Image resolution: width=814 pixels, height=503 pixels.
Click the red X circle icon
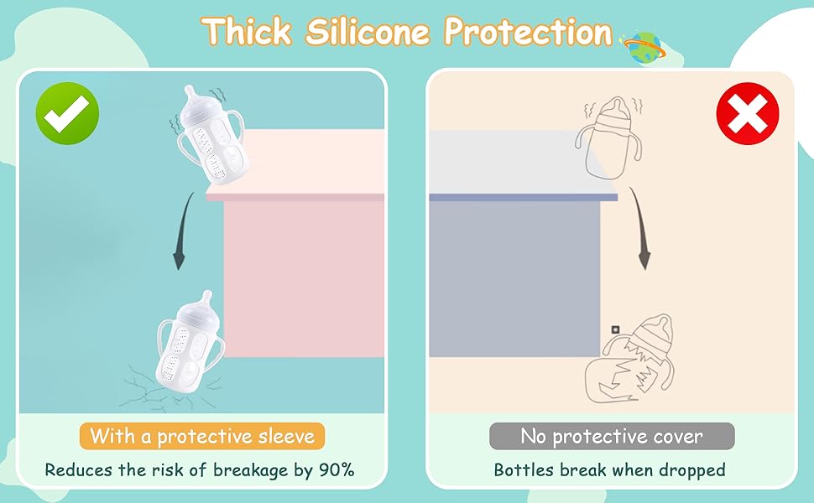(748, 117)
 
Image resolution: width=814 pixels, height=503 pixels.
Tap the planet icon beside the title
(642, 48)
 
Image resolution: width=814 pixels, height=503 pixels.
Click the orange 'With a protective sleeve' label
(202, 436)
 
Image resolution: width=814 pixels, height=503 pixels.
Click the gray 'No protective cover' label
(612, 436)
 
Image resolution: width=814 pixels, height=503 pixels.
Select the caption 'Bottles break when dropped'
(609, 469)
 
